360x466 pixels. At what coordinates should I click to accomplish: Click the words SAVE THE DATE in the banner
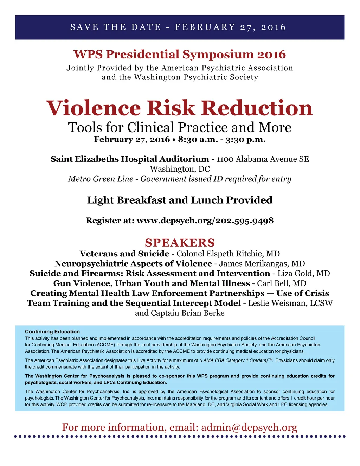[x=116, y=27]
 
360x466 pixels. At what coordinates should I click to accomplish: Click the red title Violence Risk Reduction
[x=179, y=108]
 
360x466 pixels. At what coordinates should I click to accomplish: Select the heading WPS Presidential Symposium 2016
[x=180, y=55]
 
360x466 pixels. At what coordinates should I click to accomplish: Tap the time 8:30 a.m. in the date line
[x=193, y=140]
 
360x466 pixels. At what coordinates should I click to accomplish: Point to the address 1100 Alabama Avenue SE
[x=263, y=159]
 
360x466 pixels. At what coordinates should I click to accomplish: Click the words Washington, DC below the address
[x=180, y=169]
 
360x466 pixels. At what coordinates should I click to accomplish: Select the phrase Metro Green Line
[x=101, y=179]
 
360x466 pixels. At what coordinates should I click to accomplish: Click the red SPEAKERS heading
[x=180, y=243]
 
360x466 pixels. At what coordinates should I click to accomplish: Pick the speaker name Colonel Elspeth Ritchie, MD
[x=228, y=254]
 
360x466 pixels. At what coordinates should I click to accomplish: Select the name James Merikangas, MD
[x=262, y=264]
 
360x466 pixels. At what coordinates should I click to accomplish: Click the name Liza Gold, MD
[x=304, y=274]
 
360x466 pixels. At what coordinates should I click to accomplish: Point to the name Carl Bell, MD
[x=282, y=283]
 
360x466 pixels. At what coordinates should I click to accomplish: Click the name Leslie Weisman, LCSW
[x=290, y=303]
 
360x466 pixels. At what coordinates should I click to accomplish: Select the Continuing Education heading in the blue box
[x=52, y=332]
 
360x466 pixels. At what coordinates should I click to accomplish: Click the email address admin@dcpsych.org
[x=249, y=427]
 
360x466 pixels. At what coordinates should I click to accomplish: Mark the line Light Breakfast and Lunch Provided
[x=180, y=200]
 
